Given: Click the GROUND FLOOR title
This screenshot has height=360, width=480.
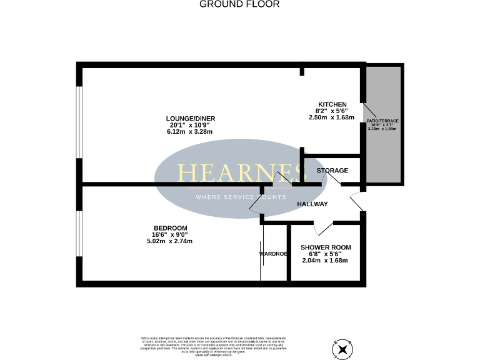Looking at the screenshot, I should pos(239,4).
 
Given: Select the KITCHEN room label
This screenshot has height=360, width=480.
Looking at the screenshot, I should pos(332,104).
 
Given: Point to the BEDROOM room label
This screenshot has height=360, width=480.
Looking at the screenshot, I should pos(170,227).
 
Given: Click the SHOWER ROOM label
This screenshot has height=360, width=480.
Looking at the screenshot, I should pos(324,247).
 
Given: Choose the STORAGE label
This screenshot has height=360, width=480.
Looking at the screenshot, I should pos(332,171).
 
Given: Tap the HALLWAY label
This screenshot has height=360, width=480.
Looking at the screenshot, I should pos(312,204).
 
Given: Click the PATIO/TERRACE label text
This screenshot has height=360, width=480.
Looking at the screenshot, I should pos(382,121).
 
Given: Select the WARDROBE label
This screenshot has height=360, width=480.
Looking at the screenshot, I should pos(273,254).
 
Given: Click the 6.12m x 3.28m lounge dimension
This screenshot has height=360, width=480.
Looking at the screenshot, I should pos(187,132).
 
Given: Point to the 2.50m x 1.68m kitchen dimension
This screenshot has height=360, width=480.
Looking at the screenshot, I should pos(331,117).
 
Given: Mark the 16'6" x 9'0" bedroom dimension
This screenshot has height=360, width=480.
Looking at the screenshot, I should pos(170,234).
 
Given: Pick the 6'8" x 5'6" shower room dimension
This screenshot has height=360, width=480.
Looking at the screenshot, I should pos(324,254).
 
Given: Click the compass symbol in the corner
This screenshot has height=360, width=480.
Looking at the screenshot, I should pos(343,349).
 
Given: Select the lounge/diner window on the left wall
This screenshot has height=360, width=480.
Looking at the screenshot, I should pos(79,122).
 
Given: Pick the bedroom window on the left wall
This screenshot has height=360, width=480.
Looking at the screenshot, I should pos(79,234).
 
